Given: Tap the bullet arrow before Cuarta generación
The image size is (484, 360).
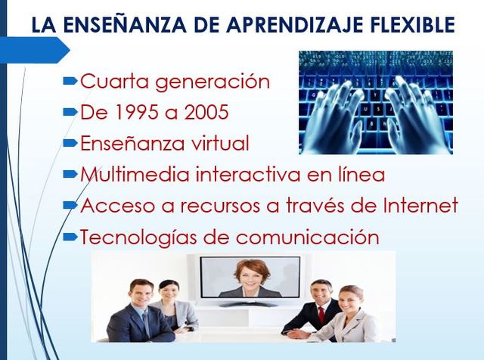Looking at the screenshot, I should tap(70, 80).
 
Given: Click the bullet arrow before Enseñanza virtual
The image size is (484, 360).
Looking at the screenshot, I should tap(70, 142).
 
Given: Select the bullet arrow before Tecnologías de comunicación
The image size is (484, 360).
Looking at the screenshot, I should tap(70, 236).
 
